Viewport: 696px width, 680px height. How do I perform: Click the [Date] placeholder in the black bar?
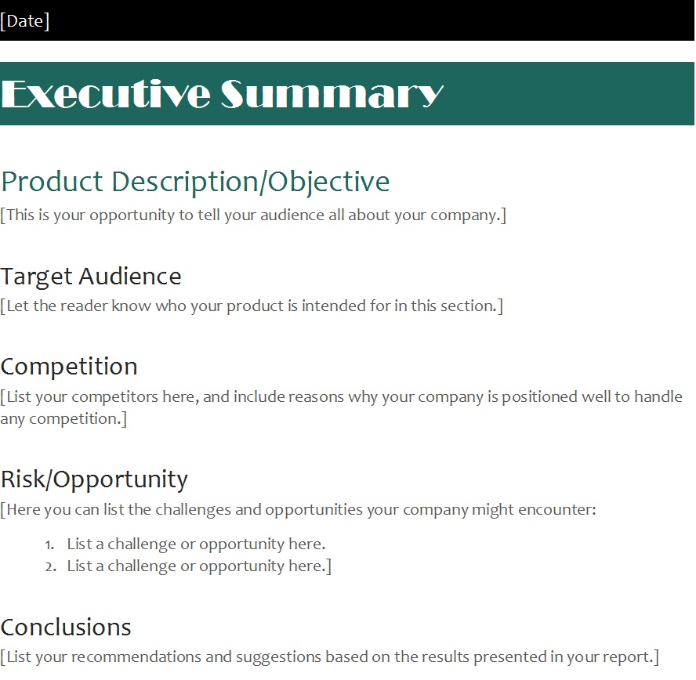[x=25, y=21]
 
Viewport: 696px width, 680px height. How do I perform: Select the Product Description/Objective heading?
[x=195, y=182]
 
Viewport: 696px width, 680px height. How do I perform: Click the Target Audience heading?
[x=91, y=277]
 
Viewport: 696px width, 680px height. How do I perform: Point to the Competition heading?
[x=69, y=367]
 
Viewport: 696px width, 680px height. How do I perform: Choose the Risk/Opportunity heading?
[x=94, y=479]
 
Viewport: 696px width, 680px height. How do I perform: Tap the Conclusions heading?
[x=66, y=628]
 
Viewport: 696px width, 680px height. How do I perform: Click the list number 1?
[x=49, y=544]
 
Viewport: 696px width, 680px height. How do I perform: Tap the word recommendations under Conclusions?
[x=136, y=657]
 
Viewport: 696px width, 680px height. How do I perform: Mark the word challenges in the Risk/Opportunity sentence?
[x=193, y=510]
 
